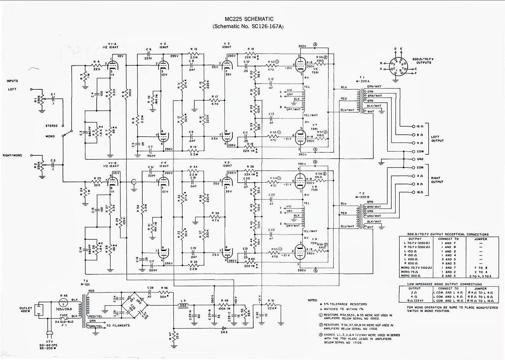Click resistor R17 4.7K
tap(215, 100)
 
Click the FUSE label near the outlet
tap(64, 315)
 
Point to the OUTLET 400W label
tap(26, 310)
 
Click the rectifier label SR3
tap(224, 332)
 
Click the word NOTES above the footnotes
tap(313, 300)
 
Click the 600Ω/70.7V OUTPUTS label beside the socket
tap(423, 61)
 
